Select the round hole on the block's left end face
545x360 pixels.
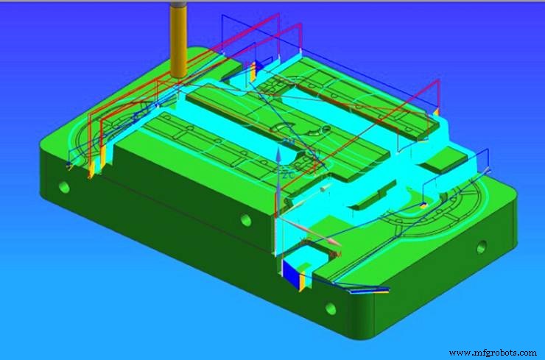coord(64,187)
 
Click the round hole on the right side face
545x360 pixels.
coord(482,246)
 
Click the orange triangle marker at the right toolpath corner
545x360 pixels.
coord(436,111)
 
